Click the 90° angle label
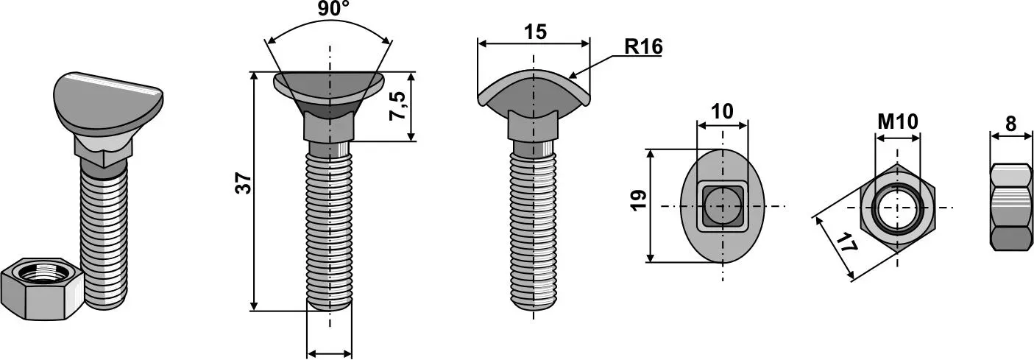pos(333,10)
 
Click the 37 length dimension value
pos(244,183)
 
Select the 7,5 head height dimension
pos(397,106)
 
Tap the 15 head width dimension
pos(535,32)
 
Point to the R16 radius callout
pos(643,46)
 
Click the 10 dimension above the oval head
pos(723,112)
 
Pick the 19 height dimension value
pos(640,200)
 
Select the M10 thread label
pos(898,122)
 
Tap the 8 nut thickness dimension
pos(1011,124)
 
